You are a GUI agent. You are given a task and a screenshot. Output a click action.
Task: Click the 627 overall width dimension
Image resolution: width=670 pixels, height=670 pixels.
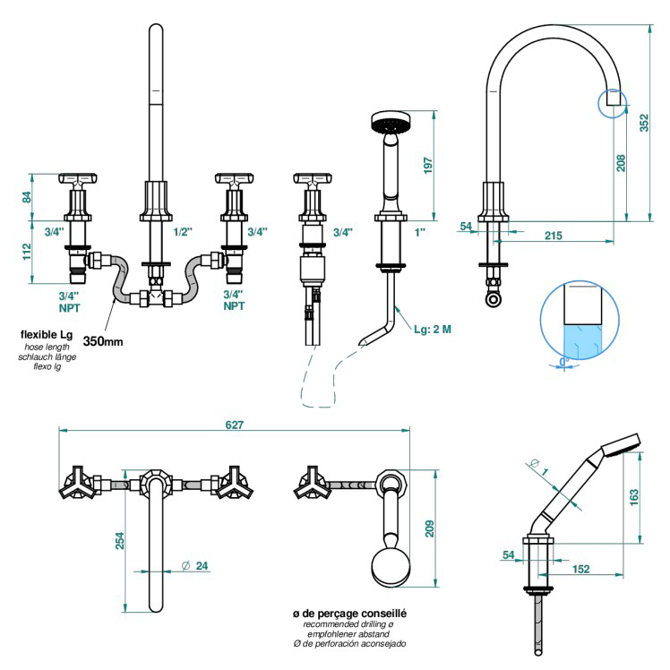234,425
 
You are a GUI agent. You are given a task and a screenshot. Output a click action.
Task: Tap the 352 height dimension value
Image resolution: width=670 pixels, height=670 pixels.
644,123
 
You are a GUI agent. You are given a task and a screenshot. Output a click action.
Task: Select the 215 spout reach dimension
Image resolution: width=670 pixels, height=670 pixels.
554,236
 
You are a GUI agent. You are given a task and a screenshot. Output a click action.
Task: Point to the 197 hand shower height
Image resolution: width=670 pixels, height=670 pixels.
428,166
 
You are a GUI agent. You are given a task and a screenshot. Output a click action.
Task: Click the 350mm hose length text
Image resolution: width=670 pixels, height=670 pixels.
103,341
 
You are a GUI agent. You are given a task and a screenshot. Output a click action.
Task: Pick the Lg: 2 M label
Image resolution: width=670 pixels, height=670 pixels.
433,329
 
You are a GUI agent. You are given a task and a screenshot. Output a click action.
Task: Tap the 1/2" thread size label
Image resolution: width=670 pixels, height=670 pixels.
183,232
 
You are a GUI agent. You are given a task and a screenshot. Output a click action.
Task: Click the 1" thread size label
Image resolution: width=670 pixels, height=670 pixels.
420,232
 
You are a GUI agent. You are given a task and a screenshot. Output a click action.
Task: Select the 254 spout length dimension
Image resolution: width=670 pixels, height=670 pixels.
120,540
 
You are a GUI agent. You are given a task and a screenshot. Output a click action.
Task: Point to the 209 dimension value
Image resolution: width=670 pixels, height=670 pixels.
429,528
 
